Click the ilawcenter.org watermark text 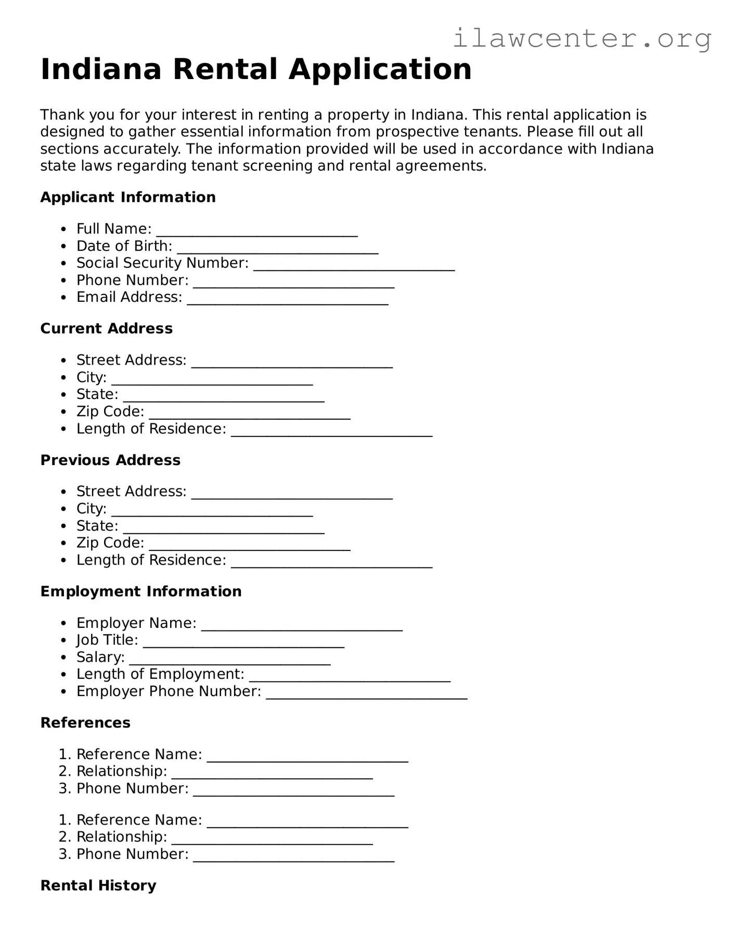click(582, 38)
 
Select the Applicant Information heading click(128, 197)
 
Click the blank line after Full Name click(256, 232)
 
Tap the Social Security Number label click(162, 263)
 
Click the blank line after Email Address click(287, 300)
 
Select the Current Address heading click(107, 329)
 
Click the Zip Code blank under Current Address click(249, 415)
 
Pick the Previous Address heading click(110, 460)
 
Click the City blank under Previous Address click(212, 511)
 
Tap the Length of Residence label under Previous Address click(151, 560)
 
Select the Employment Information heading click(141, 592)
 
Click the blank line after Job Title click(243, 643)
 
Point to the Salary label click(100, 657)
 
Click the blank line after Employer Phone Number click(366, 695)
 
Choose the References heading click(85, 723)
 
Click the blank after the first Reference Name click(307, 758)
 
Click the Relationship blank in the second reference click(272, 840)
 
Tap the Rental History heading click(98, 885)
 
